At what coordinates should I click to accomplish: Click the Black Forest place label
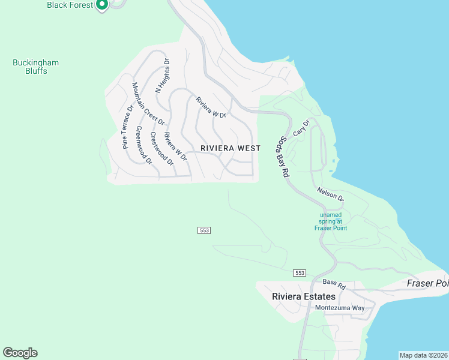[x=70, y=5]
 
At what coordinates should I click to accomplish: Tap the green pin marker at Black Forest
[x=101, y=5]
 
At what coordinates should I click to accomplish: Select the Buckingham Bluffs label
[x=30, y=67]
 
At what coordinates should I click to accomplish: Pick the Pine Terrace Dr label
[x=127, y=127]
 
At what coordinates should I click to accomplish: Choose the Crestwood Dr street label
[x=161, y=149]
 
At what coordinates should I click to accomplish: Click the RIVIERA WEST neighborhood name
[x=231, y=148]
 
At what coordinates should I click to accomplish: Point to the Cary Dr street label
[x=301, y=128]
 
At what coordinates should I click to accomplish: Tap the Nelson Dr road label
[x=330, y=194]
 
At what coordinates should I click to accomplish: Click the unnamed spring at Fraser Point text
[x=331, y=221]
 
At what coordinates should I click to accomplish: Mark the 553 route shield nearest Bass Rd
[x=301, y=273]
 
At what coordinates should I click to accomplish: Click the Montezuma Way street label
[x=340, y=308]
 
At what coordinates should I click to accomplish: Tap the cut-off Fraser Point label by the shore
[x=427, y=283]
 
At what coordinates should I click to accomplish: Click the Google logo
[x=20, y=353]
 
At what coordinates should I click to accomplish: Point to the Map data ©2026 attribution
[x=424, y=355]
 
